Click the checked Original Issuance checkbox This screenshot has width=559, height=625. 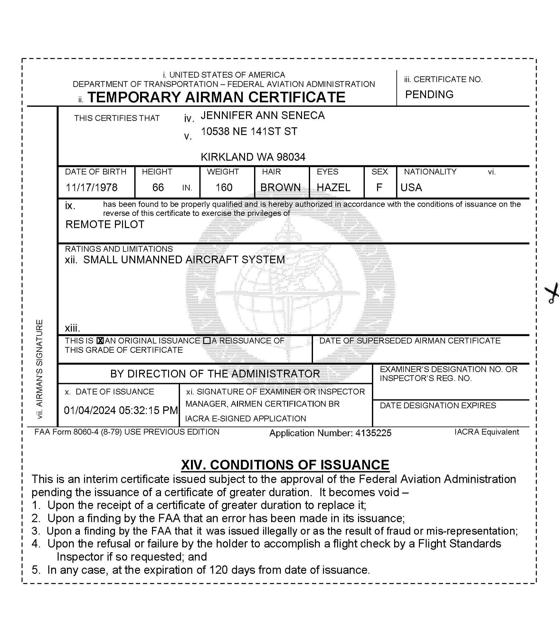[100, 341]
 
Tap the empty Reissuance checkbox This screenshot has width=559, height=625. [207, 341]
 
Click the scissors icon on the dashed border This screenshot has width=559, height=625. [551, 293]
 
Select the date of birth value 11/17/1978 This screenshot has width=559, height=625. [92, 187]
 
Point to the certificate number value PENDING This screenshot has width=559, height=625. [429, 94]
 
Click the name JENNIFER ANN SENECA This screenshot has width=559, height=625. [262, 115]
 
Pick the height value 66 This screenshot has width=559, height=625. [158, 187]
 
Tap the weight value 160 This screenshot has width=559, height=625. [224, 187]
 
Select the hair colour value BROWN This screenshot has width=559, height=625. [280, 187]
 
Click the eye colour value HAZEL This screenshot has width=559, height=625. [334, 187]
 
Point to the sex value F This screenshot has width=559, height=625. [379, 187]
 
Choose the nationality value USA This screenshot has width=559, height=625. [411, 187]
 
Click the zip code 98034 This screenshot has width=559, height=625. [291, 157]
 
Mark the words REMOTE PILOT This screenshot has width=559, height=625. [105, 224]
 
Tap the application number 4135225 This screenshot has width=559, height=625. [373, 433]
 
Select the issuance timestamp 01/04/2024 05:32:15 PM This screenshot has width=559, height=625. [121, 410]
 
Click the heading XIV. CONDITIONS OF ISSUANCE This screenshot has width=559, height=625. [285, 465]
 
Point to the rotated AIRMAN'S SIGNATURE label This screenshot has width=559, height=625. [39, 369]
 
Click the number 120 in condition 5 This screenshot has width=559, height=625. [219, 570]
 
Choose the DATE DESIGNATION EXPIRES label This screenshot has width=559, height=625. [438, 405]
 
